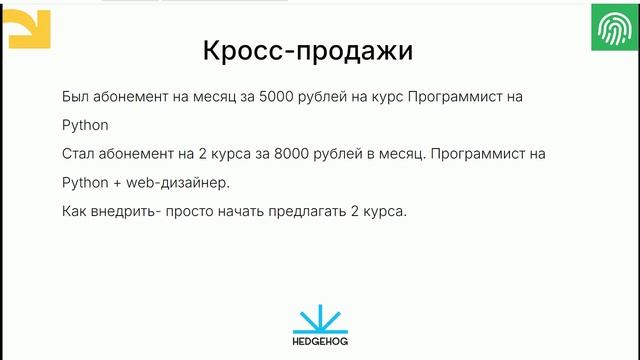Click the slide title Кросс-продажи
pyautogui.click(x=307, y=52)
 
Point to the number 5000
pyautogui.click(x=274, y=98)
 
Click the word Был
pyautogui.click(x=75, y=98)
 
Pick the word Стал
pyautogui.click(x=79, y=156)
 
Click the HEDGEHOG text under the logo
pyautogui.click(x=320, y=341)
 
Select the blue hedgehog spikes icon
pyautogui.click(x=320, y=317)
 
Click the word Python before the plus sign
pyautogui.click(x=83, y=185)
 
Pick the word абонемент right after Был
pyautogui.click(x=135, y=98)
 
